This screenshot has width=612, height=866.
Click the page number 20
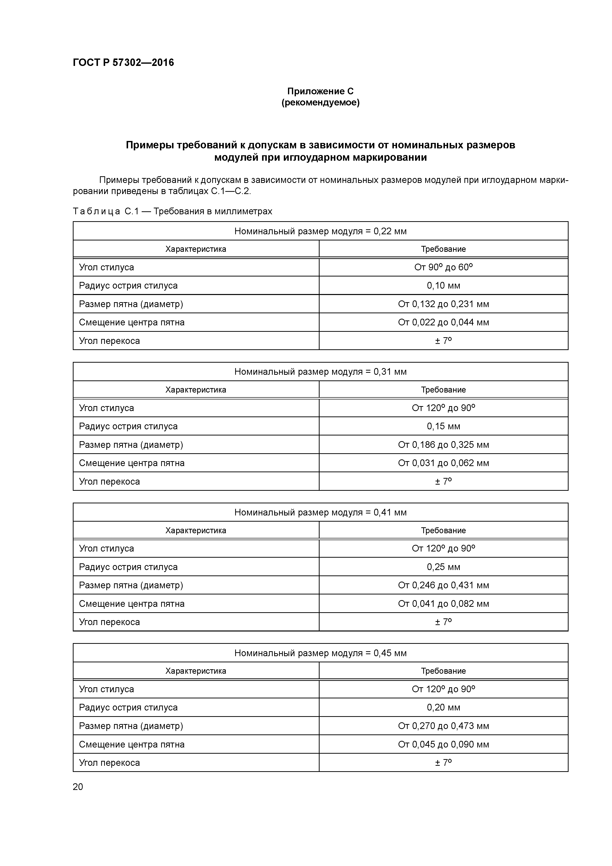(x=78, y=787)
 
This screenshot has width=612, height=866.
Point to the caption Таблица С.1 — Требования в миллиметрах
(x=172, y=211)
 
